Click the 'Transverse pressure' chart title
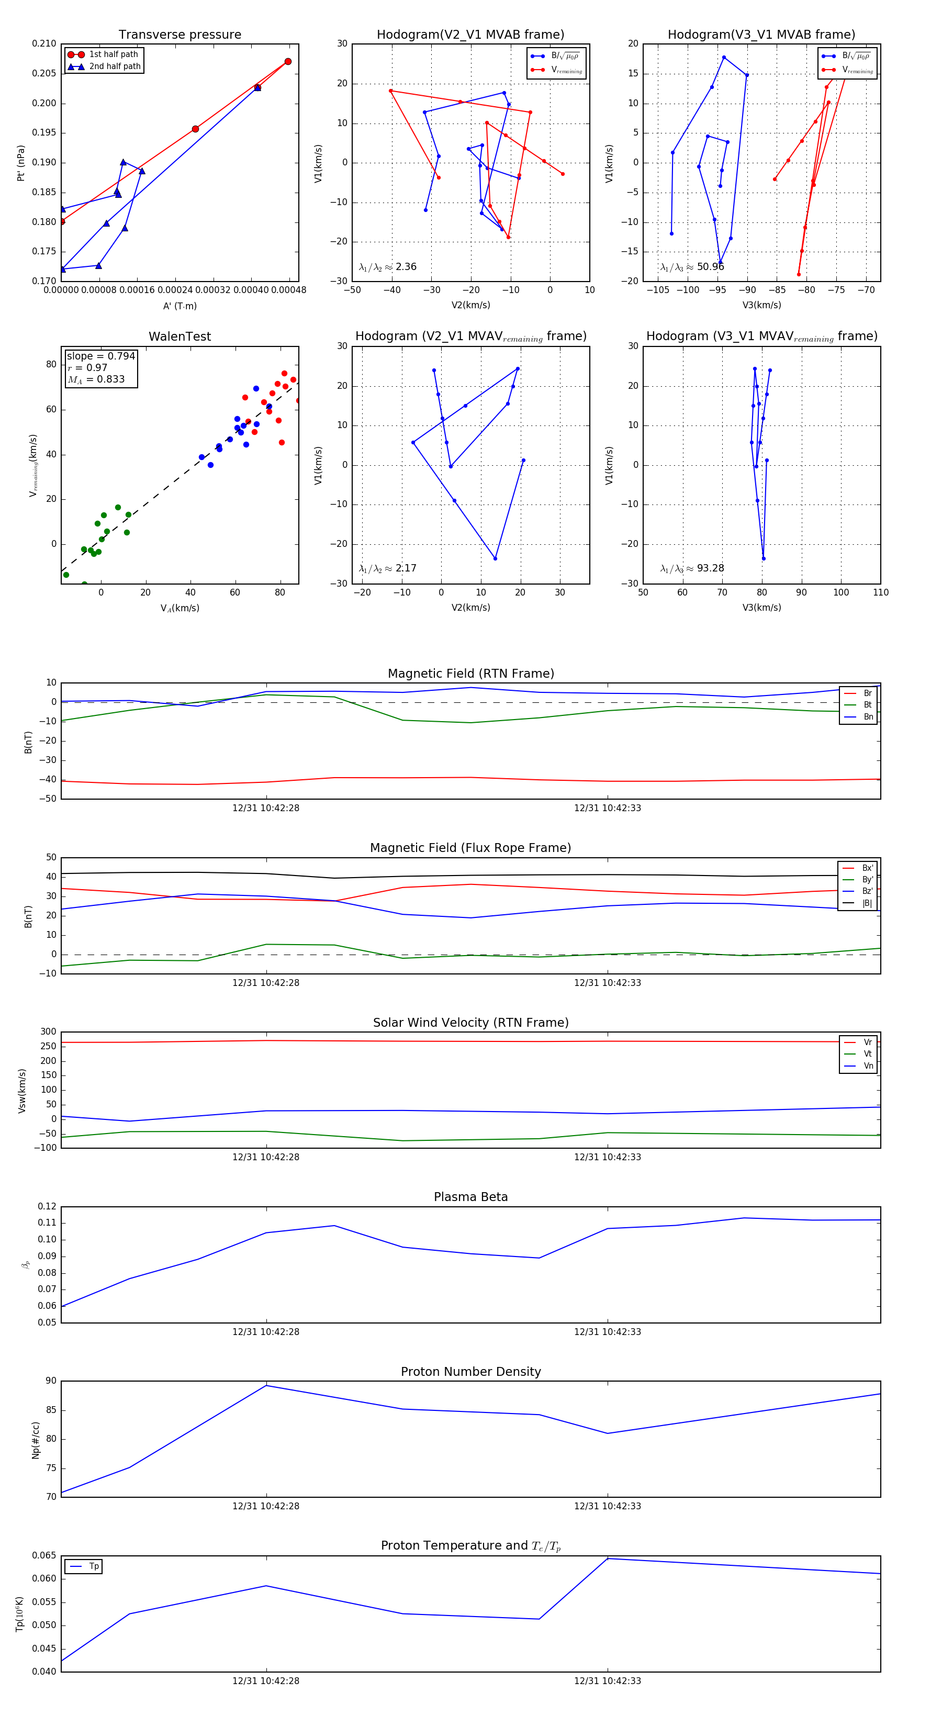click(x=180, y=35)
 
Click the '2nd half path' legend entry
click(x=115, y=66)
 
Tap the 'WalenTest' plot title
click(x=180, y=337)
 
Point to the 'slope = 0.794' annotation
click(x=100, y=356)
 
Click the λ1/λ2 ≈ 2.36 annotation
click(x=387, y=267)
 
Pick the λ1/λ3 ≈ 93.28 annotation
click(x=692, y=568)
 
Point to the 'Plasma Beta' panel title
click(x=470, y=1197)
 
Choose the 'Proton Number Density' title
click(x=470, y=1372)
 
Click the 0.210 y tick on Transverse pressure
click(x=44, y=43)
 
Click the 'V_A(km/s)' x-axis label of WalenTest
click(x=180, y=608)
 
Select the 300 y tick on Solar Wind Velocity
click(x=48, y=1032)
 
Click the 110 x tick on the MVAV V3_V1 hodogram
click(x=880, y=592)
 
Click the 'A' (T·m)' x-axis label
click(x=180, y=306)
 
